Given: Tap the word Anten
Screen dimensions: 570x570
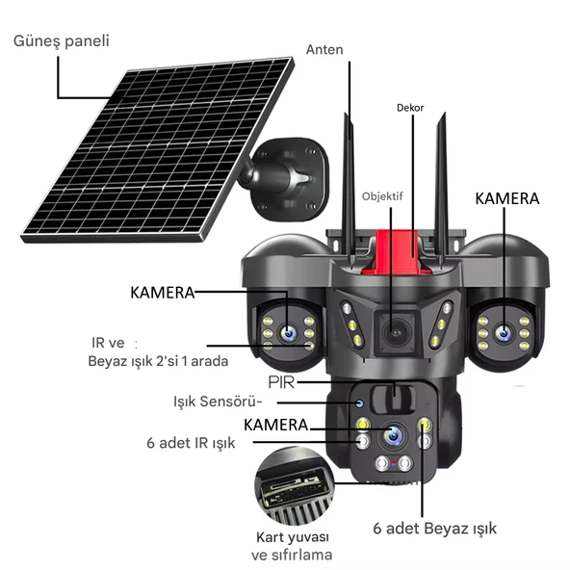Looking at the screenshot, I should click(325, 49).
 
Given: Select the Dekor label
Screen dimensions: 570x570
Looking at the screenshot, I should click(410, 108).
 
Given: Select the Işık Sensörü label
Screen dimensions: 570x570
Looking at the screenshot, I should click(218, 402).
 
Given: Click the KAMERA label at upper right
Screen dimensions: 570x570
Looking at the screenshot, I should click(507, 197).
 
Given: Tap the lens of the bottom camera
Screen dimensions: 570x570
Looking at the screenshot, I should click(393, 435).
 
